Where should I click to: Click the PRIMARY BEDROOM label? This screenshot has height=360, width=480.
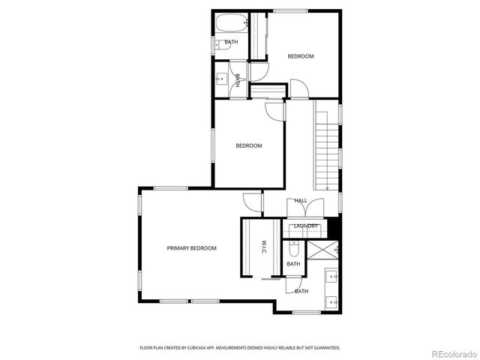point(191,247)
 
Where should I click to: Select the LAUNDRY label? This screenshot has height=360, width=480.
point(306,226)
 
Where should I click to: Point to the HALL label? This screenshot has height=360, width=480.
point(301,200)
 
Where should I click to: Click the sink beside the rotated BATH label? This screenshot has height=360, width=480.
point(223,79)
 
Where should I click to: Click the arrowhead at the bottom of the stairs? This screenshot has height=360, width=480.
point(328,187)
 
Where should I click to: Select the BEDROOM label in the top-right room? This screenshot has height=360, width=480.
point(301,56)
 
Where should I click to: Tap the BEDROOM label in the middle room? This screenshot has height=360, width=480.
point(249,145)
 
